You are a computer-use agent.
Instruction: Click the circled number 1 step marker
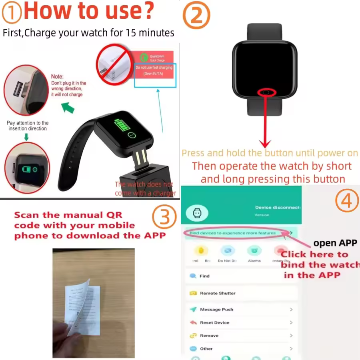[x=12, y=12]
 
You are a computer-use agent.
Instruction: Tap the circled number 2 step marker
[x=196, y=15]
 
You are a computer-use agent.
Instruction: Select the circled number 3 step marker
[x=164, y=217]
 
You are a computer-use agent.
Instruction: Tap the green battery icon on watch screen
[x=120, y=126]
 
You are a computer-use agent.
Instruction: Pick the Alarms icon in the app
[x=254, y=251]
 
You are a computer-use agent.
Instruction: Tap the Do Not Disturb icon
[x=228, y=251]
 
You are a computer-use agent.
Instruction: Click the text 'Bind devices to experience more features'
[x=233, y=233]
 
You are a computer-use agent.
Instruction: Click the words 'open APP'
[x=335, y=243]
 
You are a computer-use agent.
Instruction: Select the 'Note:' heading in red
[x=57, y=76]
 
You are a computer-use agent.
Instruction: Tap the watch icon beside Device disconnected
[x=197, y=213]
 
